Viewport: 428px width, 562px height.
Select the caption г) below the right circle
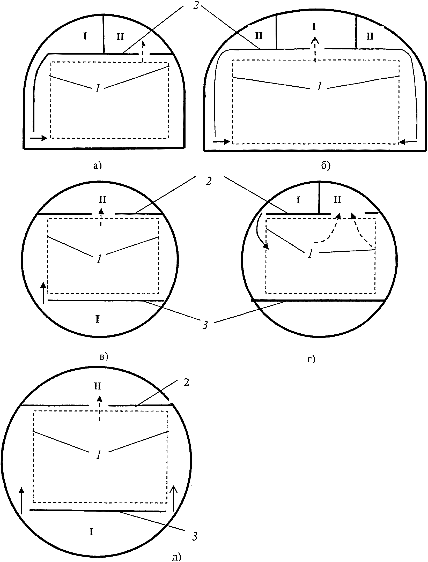point(311,359)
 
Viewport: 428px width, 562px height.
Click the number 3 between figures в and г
point(205,325)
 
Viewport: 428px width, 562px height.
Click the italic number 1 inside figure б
point(320,86)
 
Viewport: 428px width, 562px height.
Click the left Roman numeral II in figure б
point(259,36)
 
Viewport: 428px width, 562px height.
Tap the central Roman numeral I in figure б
point(314,26)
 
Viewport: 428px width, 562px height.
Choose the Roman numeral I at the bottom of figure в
point(97,319)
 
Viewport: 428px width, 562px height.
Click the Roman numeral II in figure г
point(337,199)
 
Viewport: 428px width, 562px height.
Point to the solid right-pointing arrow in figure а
point(39,138)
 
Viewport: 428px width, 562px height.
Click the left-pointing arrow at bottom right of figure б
point(408,141)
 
